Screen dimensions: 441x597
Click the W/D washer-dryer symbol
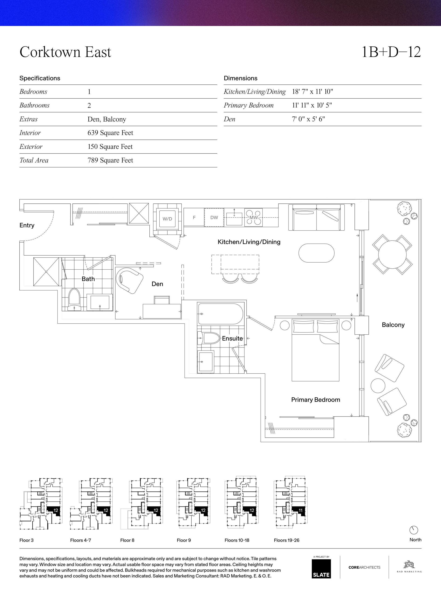167,219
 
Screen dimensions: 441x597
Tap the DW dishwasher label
214,217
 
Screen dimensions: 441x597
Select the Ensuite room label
232,338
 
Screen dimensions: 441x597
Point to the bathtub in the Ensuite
220,314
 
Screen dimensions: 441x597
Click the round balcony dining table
392,254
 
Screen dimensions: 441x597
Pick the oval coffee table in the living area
316,253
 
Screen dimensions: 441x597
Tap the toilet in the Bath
74,300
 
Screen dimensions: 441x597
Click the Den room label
157,284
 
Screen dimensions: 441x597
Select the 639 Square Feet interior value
110,133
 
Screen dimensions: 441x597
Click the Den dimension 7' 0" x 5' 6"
308,119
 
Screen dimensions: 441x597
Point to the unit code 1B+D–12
391,52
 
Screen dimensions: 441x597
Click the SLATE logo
321,569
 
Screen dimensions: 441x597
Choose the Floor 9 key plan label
184,540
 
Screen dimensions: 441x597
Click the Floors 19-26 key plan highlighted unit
299,511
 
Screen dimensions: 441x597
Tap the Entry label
27,225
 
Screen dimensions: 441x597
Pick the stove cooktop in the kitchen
254,217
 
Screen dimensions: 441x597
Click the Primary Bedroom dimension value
312,105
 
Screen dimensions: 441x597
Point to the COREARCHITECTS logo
364,567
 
